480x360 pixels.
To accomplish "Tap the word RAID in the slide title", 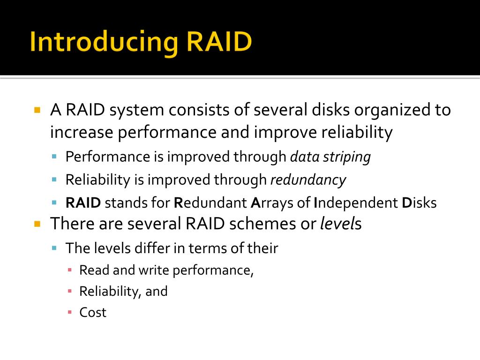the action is coord(219,42).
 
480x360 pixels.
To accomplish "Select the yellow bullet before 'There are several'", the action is coord(37,224).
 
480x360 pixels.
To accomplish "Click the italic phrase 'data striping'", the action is coord(330,157).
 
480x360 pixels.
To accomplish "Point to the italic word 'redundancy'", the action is coord(308,180).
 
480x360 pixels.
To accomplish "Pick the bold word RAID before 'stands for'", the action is coord(83,203).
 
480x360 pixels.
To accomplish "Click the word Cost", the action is coord(93,313).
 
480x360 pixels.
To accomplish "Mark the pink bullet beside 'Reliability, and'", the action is coord(69,292).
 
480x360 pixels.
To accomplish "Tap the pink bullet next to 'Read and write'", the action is coord(69,270).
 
